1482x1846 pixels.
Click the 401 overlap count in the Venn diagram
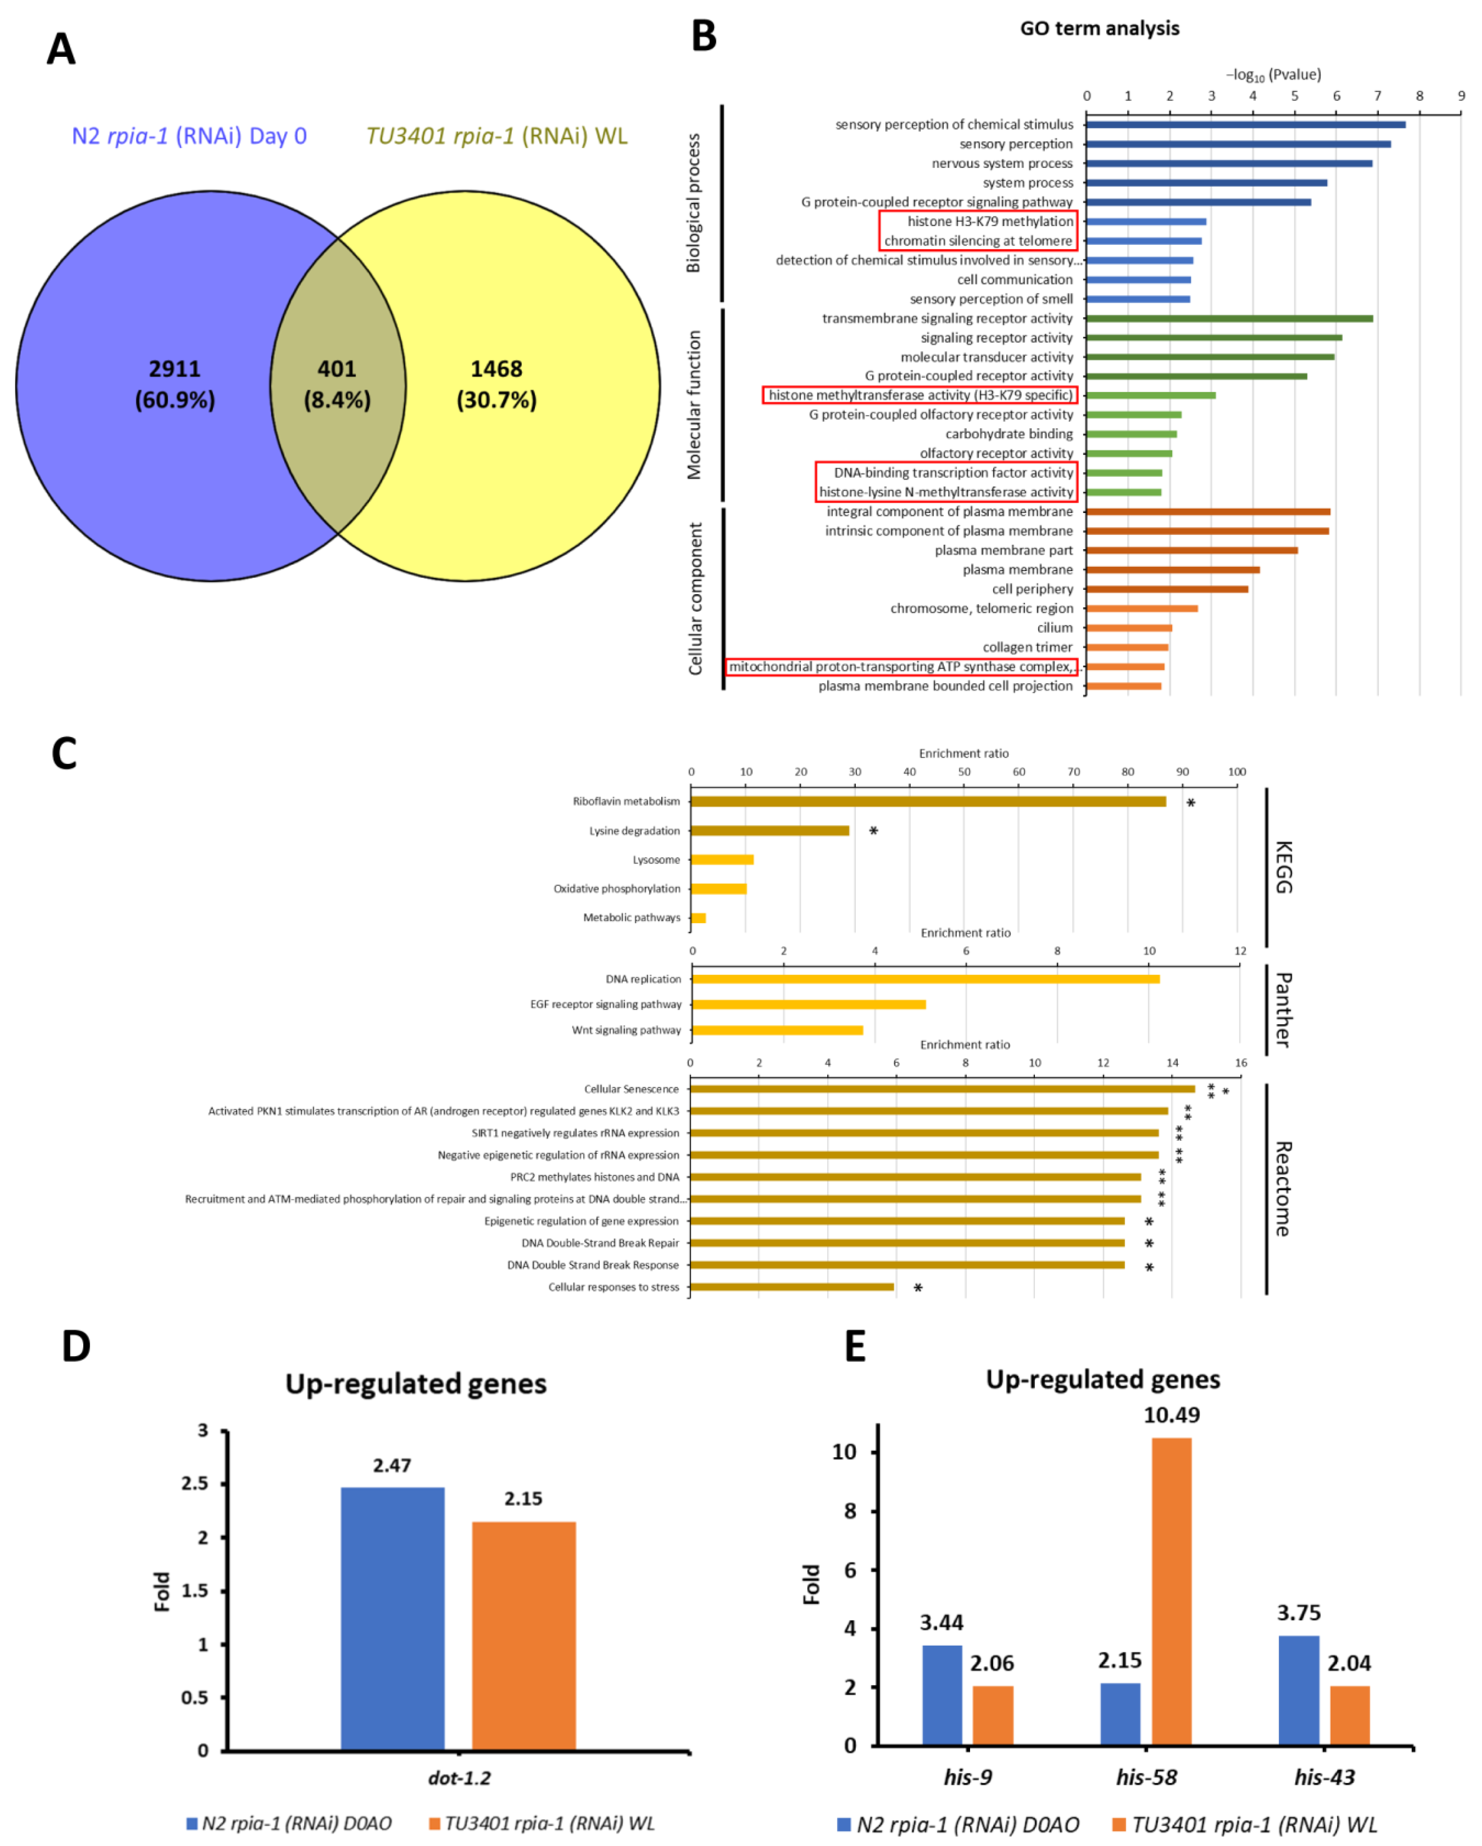click(x=337, y=369)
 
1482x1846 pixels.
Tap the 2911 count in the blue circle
click(x=175, y=369)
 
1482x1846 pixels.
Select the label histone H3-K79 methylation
click(x=990, y=221)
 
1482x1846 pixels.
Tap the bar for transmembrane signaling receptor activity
click(x=1229, y=319)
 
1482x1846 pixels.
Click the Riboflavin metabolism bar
click(x=928, y=801)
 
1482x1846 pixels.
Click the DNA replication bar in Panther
click(x=925, y=979)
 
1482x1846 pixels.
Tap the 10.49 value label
click(x=1171, y=1415)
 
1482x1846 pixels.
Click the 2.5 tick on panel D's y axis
click(x=195, y=1483)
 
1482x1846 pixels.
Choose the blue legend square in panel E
click(x=843, y=1824)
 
